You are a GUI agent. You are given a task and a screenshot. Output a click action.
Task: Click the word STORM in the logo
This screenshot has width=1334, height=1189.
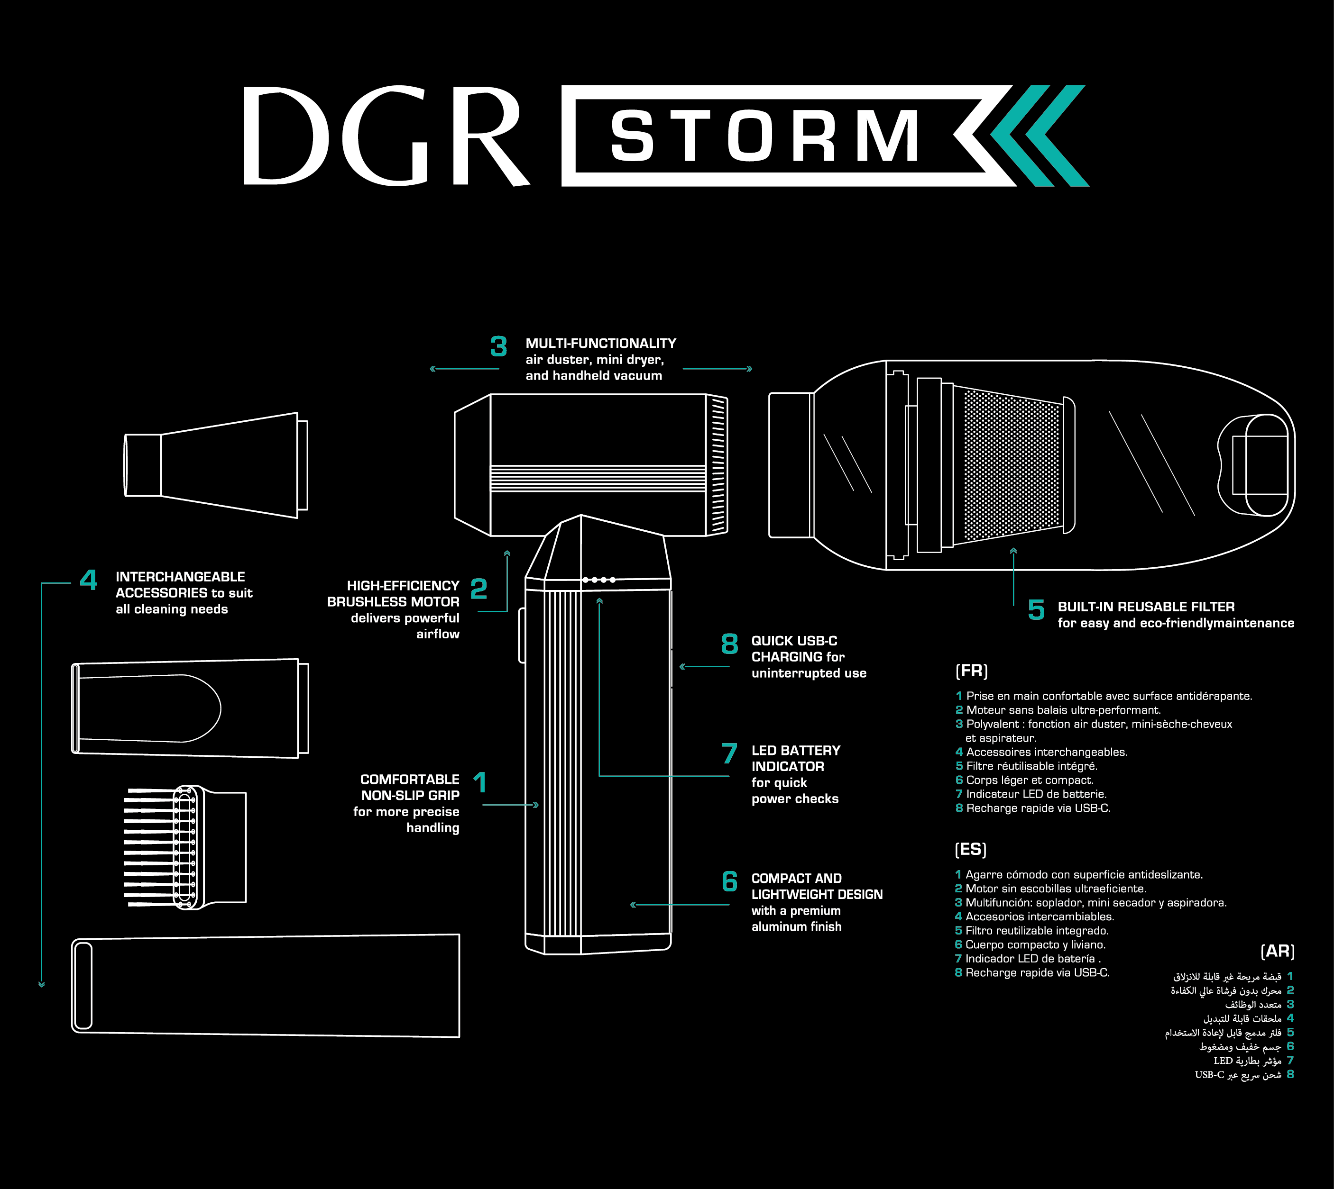click(765, 136)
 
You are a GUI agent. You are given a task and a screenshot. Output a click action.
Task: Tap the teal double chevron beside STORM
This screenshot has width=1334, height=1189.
click(1039, 136)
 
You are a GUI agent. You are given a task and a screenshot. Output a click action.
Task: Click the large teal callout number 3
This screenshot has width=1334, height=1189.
click(499, 346)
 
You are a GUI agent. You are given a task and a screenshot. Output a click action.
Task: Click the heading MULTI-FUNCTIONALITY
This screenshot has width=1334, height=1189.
click(601, 344)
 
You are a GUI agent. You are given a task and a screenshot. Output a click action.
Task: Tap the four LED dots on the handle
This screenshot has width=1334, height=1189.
click(598, 580)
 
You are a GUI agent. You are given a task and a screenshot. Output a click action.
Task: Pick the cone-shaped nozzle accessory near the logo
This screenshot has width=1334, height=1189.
click(216, 465)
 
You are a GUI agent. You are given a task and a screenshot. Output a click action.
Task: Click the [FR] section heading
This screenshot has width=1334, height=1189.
click(971, 671)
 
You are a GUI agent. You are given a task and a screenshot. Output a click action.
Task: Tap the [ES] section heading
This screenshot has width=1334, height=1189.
click(971, 849)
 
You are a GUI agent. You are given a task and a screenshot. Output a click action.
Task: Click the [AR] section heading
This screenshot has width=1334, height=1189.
click(1277, 951)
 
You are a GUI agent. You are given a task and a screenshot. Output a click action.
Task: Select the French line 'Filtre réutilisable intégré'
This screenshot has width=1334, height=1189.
click(1031, 766)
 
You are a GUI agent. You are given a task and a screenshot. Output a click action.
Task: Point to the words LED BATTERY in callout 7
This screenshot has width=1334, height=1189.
click(795, 751)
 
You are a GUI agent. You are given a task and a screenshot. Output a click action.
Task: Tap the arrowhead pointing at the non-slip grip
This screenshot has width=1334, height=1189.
click(536, 805)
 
